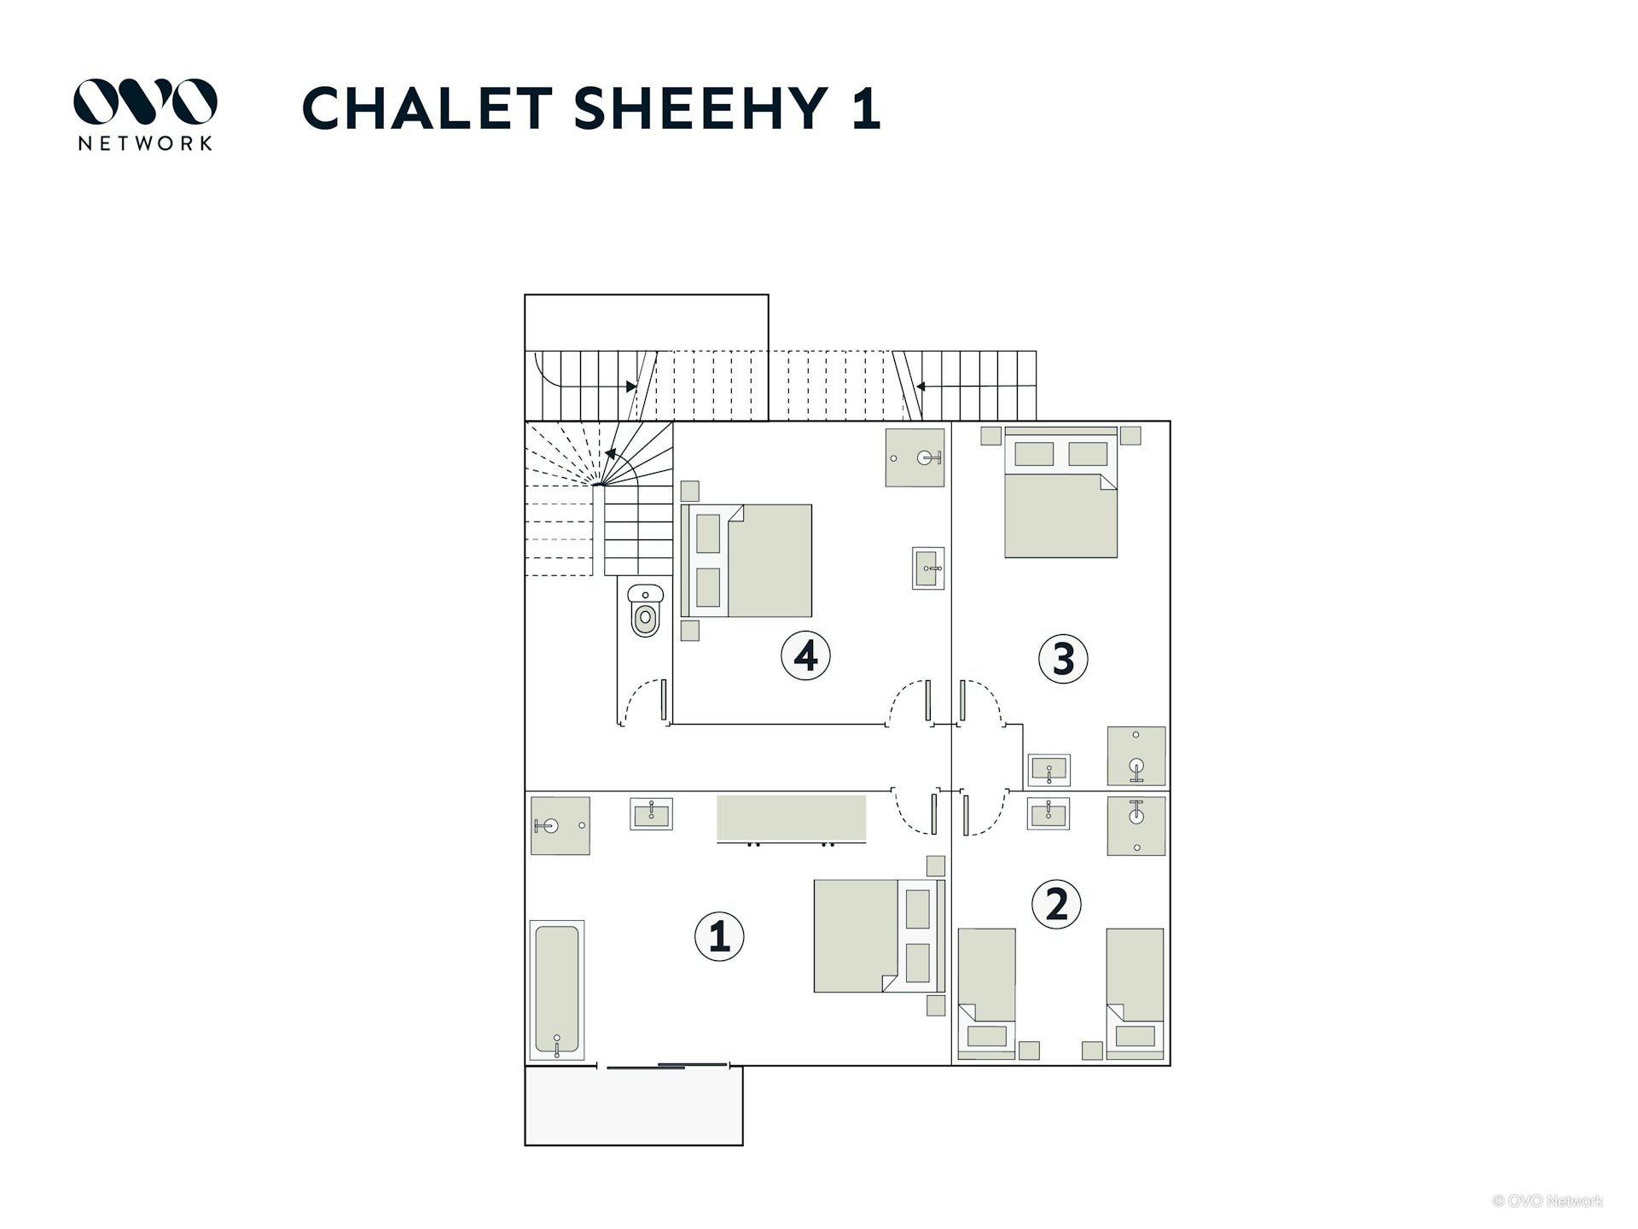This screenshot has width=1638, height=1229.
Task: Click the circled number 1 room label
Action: click(719, 936)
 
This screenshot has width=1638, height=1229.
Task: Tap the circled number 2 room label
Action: click(1056, 905)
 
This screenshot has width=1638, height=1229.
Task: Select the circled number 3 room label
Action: click(1063, 658)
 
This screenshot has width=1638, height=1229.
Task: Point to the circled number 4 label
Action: click(805, 655)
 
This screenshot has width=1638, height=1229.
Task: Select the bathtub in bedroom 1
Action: click(557, 991)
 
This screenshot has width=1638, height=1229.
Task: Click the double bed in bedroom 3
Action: click(1060, 492)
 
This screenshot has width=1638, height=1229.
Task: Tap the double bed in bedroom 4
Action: click(746, 561)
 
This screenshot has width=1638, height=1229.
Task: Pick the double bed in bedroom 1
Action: click(880, 936)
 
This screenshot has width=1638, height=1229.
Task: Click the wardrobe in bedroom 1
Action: click(791, 819)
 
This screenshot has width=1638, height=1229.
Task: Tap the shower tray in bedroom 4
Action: click(915, 457)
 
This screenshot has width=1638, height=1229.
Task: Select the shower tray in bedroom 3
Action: click(1136, 756)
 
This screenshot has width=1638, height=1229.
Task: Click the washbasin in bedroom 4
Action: click(928, 568)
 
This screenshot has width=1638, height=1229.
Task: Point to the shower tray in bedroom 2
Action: click(1136, 825)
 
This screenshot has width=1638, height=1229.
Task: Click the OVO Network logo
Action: click(145, 114)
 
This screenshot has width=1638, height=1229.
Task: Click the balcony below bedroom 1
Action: click(634, 1106)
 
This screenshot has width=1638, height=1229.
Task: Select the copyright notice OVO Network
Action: click(1548, 1201)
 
